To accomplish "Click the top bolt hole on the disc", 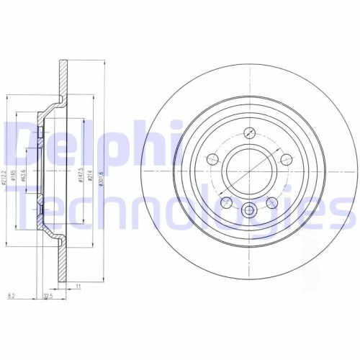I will click(250, 132).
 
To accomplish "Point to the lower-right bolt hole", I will click(273, 204).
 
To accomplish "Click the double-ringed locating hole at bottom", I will click(250, 211).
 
